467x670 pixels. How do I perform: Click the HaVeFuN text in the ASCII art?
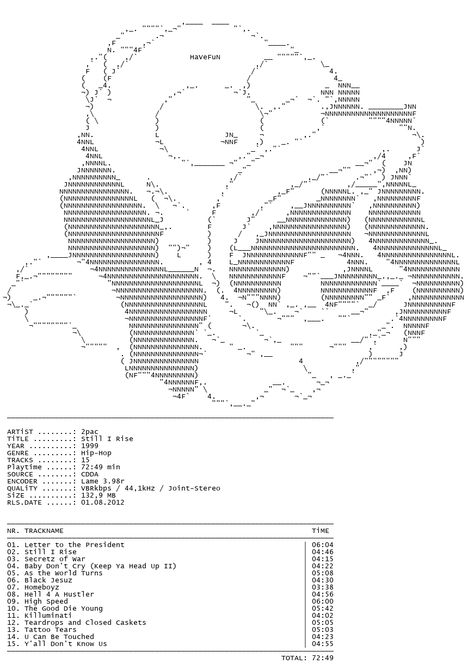[205, 57]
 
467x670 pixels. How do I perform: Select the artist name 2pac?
[89, 432]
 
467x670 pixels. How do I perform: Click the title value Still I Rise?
[107, 439]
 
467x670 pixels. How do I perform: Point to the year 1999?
[89, 446]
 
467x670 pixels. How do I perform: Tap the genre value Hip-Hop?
[96, 453]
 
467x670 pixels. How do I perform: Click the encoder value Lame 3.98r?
[103, 481]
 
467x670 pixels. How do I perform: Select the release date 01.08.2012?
[103, 502]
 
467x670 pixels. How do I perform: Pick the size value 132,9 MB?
[98, 495]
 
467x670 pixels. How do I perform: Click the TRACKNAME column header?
[44, 531]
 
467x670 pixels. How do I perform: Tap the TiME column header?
[320, 531]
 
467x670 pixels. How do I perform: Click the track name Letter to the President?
[74, 545]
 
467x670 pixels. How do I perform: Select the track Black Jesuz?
[48, 580]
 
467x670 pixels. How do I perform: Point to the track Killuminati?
[48, 615]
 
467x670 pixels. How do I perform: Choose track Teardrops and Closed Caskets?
[85, 623]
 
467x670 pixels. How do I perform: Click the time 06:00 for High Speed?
[322, 601]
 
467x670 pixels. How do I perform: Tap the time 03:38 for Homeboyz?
[322, 587]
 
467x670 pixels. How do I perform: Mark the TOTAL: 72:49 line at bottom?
[307, 657]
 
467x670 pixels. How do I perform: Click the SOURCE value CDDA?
[89, 474]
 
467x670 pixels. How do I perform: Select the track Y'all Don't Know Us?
[65, 644]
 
